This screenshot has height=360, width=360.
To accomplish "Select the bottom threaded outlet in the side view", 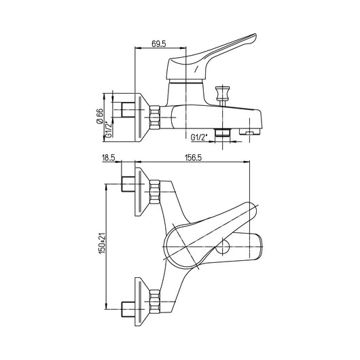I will point(221,132).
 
